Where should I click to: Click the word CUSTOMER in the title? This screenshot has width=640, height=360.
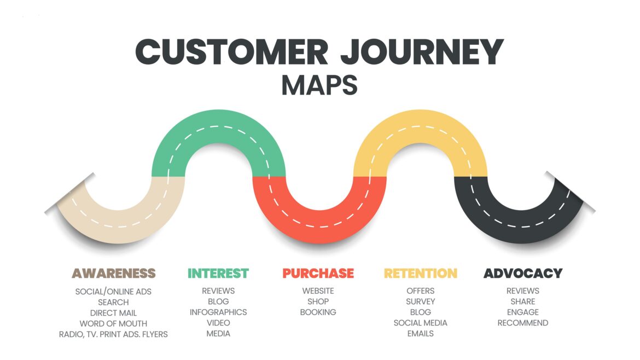point(231,53)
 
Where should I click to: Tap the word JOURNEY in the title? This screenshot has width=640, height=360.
point(421,53)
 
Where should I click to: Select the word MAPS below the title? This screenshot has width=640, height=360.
point(319,85)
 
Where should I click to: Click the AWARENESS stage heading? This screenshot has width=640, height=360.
point(114,273)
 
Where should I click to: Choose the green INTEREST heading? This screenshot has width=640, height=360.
point(218,273)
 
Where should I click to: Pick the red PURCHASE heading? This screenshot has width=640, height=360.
point(318,273)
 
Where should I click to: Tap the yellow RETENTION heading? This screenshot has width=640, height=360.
point(420,273)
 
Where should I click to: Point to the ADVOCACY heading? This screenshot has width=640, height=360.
point(522,273)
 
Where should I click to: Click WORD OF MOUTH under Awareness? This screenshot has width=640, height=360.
point(113,323)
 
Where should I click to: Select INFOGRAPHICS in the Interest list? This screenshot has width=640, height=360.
point(218,312)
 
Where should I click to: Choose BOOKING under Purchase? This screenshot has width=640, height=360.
point(318,312)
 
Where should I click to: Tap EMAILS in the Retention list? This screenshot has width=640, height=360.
point(420,334)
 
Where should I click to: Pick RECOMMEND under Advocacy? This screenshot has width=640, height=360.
point(522,323)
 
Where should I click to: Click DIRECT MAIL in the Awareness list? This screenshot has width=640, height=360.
point(113,313)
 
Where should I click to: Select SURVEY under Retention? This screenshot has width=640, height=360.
point(420,301)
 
